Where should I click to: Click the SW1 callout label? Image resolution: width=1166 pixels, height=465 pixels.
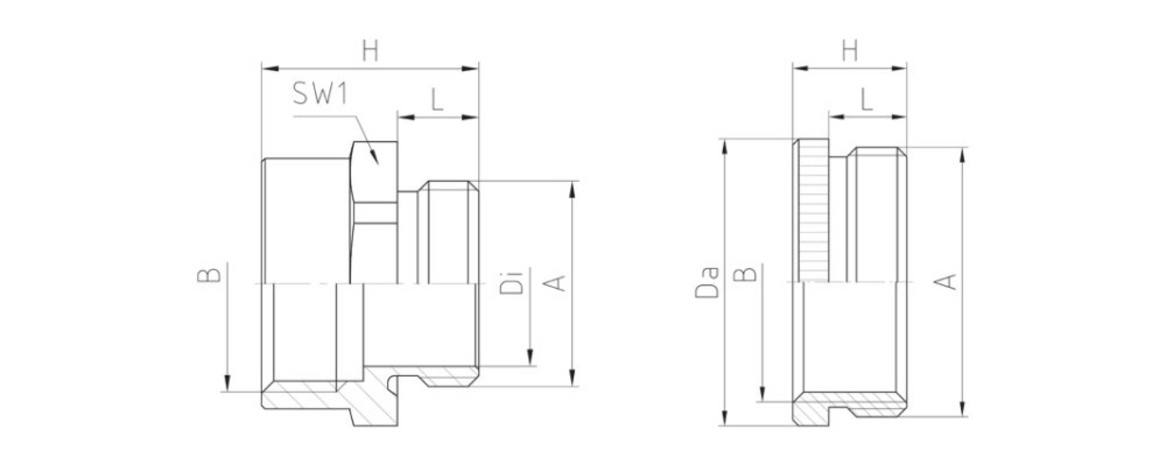tap(320, 94)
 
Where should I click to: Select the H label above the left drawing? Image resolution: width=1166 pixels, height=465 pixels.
tap(370, 51)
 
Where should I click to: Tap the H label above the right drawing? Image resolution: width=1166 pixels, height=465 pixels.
tap(850, 51)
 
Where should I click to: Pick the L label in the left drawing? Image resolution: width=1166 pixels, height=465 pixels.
tap(436, 100)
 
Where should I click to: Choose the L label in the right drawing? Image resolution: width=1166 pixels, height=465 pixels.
tap(866, 100)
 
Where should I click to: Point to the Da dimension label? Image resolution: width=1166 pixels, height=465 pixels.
tap(707, 283)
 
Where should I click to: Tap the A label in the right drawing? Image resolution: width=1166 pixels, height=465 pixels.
tap(945, 282)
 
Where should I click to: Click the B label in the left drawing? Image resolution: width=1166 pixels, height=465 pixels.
tap(209, 275)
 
